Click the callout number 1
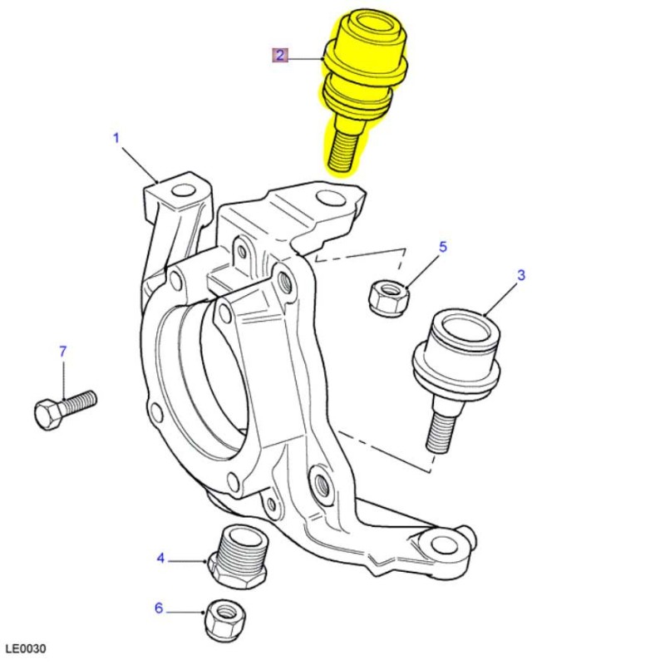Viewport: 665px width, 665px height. pos(116,137)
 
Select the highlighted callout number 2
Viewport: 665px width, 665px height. pos(280,56)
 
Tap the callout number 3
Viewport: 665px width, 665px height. pos(521,275)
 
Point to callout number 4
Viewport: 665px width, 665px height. pos(160,558)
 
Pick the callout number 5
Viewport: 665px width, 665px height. pos(443,247)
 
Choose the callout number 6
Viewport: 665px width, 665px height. pos(159,608)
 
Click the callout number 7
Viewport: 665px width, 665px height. pos(62,352)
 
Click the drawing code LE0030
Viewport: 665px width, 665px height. pos(26,648)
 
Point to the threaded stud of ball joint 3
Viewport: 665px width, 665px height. pos(442,428)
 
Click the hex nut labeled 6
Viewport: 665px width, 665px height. pos(224,618)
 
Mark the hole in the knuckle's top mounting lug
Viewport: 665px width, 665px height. pos(330,199)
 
